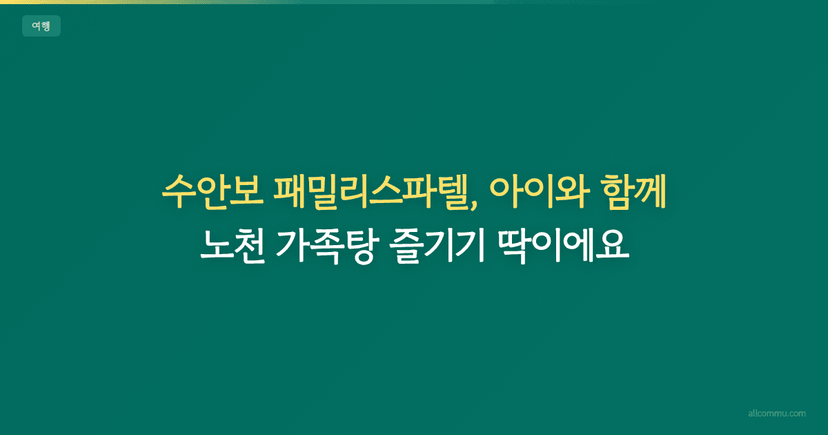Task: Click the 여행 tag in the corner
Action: tap(41, 26)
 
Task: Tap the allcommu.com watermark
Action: tap(776, 414)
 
